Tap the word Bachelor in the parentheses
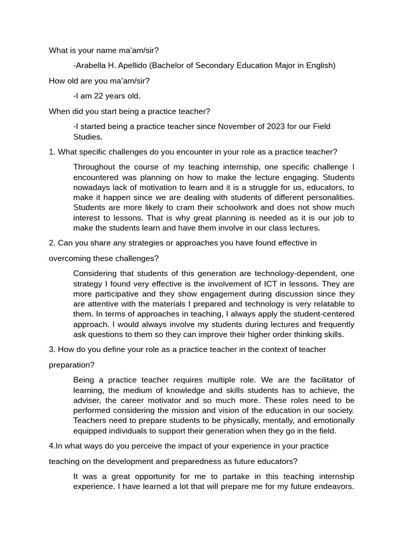tap(176, 66)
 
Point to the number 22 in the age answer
tap(100, 96)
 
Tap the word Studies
tap(87, 137)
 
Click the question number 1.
tap(51, 152)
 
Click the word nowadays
tap(94, 188)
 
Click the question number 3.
tap(51, 349)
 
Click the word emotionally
tap(328, 421)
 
